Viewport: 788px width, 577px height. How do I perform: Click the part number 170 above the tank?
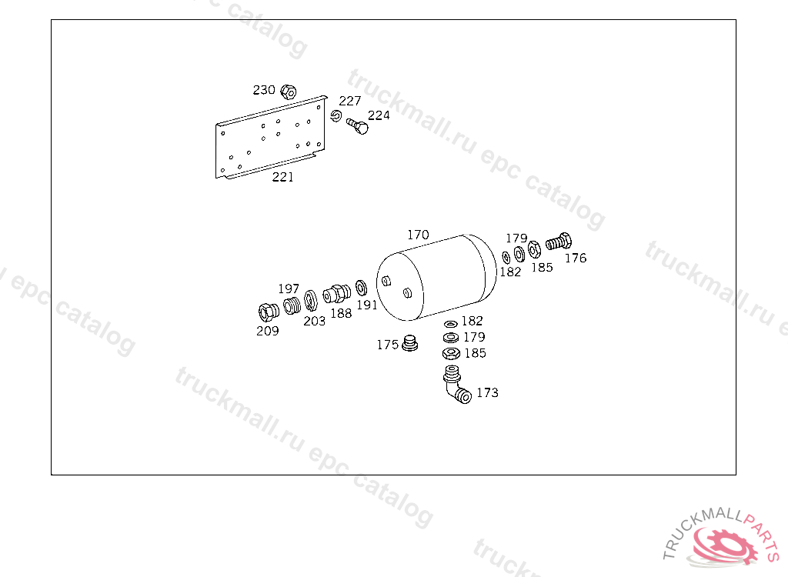click(418, 235)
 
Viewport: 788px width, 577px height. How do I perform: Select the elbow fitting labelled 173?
click(456, 385)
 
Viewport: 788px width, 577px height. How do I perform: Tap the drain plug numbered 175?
click(410, 343)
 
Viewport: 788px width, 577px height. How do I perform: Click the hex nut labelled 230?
click(289, 92)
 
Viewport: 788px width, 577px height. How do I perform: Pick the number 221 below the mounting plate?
click(283, 177)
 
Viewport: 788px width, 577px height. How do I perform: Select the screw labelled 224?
click(357, 126)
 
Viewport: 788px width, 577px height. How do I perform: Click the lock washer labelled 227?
click(336, 116)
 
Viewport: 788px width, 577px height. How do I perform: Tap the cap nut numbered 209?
click(269, 312)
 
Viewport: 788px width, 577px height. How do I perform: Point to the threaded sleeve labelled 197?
click(292, 305)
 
